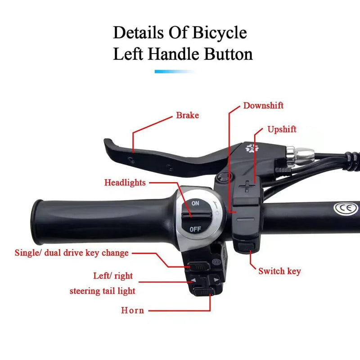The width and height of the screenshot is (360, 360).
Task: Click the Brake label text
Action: [187, 116]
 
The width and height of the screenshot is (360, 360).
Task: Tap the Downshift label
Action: [263, 106]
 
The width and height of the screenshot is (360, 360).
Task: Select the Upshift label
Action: [282, 130]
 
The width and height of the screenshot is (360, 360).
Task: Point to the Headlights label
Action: [125, 183]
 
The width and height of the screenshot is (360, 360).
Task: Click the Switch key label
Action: [279, 271]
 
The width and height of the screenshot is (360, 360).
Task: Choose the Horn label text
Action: [132, 310]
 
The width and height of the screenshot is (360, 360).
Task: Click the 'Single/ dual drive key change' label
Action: [72, 253]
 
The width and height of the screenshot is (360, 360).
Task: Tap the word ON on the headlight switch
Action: [195, 203]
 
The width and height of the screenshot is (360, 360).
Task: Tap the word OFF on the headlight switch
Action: [195, 229]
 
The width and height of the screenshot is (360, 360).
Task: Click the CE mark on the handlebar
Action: [343, 208]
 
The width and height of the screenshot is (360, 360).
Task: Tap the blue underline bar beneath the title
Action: [175, 72]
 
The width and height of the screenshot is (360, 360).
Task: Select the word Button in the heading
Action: [229, 54]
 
